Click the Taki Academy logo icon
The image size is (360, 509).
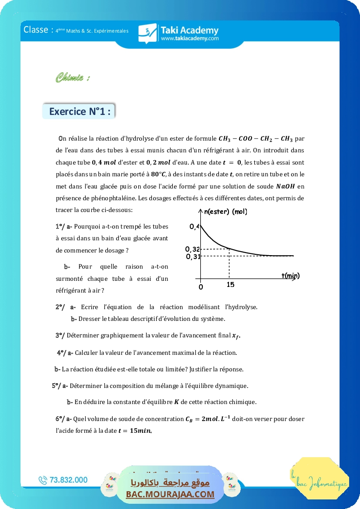[147, 33]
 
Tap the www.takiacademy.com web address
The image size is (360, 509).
[189, 39]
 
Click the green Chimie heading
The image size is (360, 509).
[73, 78]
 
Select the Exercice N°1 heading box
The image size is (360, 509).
[79, 111]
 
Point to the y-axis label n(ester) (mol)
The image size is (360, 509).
[225, 212]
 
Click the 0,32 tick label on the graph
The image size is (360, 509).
[192, 249]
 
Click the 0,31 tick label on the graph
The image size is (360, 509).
[193, 256]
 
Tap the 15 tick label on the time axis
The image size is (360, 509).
[230, 285]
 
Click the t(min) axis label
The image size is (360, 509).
[290, 276]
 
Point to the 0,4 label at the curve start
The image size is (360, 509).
[194, 226]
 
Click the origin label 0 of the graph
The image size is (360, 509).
[201, 287]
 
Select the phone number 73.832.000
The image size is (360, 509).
[69, 480]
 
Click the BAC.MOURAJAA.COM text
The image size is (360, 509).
[170, 494]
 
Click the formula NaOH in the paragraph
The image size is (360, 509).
[286, 186]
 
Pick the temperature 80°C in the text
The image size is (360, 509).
[159, 175]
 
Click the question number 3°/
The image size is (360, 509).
[60, 335]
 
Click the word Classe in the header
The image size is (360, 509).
[36, 30]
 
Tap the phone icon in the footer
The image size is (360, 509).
[43, 480]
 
